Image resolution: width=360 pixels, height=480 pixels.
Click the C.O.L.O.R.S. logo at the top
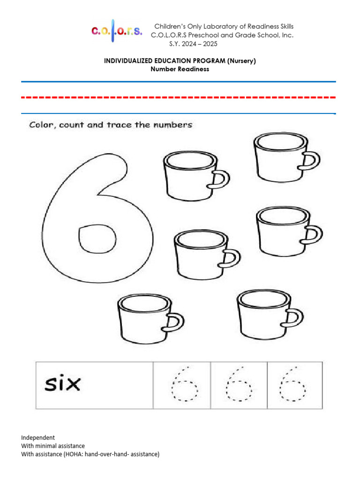(116, 31)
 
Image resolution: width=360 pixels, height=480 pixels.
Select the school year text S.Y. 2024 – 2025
(193, 44)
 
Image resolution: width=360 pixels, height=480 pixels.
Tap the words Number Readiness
(180, 69)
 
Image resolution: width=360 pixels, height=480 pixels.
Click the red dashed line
(179, 97)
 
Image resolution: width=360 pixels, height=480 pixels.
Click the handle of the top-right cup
(312, 161)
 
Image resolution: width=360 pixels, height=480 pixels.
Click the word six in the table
(62, 384)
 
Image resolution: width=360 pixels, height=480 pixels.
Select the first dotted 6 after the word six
(184, 384)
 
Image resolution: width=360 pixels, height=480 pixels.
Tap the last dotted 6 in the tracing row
(293, 384)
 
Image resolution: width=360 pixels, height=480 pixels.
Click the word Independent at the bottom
(38, 437)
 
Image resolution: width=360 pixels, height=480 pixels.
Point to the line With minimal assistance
(53, 446)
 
